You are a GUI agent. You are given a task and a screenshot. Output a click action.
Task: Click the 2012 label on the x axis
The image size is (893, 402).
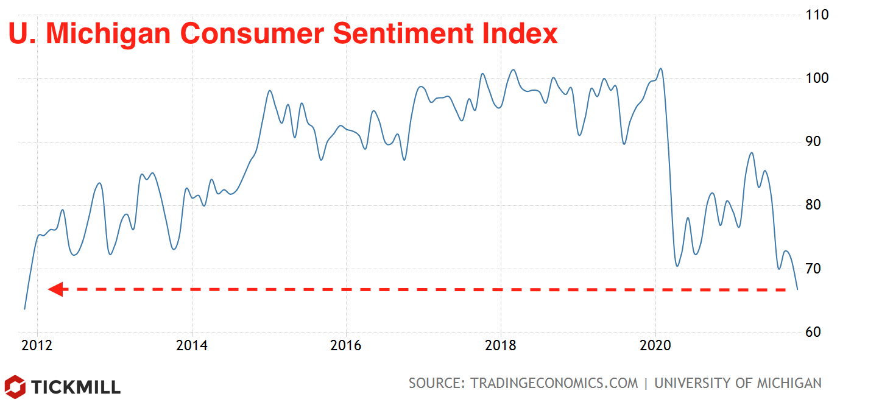(37, 346)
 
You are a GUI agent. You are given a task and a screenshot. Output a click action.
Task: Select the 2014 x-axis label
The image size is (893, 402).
(192, 346)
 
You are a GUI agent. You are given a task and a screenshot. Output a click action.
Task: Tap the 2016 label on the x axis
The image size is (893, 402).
(346, 346)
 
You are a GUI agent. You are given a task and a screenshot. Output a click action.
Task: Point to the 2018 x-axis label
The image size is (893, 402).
(501, 346)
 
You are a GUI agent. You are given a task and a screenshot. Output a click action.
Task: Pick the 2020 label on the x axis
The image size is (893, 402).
(655, 346)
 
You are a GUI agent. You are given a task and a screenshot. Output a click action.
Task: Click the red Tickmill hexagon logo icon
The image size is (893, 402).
(15, 386)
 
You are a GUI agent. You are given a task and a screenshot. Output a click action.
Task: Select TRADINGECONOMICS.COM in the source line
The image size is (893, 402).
(554, 383)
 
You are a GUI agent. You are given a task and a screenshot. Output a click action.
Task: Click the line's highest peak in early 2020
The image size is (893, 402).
(661, 68)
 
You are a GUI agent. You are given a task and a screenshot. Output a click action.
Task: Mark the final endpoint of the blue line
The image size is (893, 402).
(797, 289)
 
